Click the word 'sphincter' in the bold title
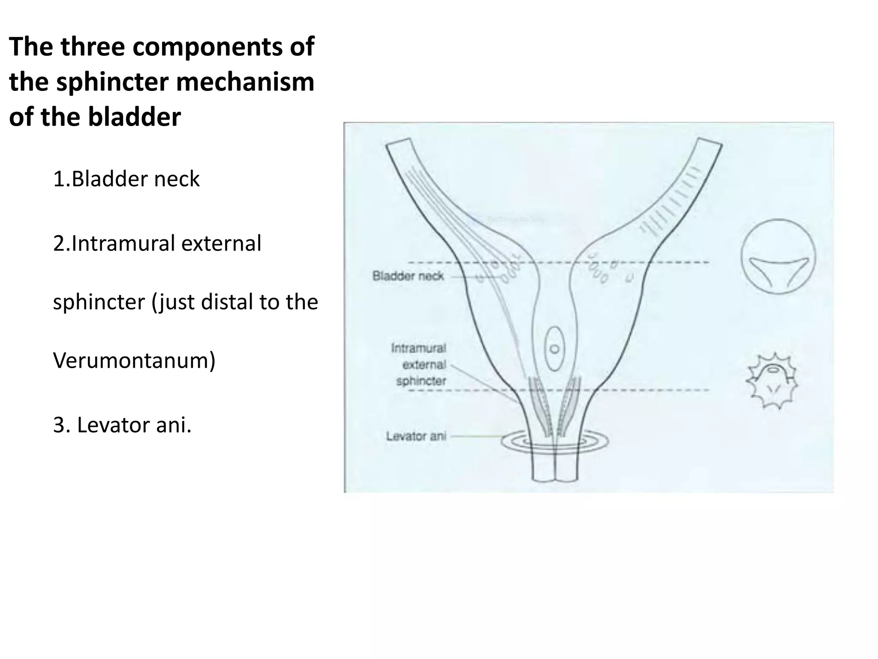pyautogui.click(x=113, y=82)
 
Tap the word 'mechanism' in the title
pyautogui.click(x=245, y=82)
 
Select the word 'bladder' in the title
pyautogui.click(x=134, y=117)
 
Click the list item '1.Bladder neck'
pyautogui.click(x=126, y=179)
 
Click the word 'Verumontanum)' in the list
pyautogui.click(x=134, y=360)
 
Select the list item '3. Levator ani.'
pyautogui.click(x=122, y=425)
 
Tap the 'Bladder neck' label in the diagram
pyautogui.click(x=408, y=276)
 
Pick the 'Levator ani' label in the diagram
pyautogui.click(x=416, y=436)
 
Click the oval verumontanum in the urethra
pyautogui.click(x=554, y=348)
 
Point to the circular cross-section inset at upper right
pyautogui.click(x=778, y=257)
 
